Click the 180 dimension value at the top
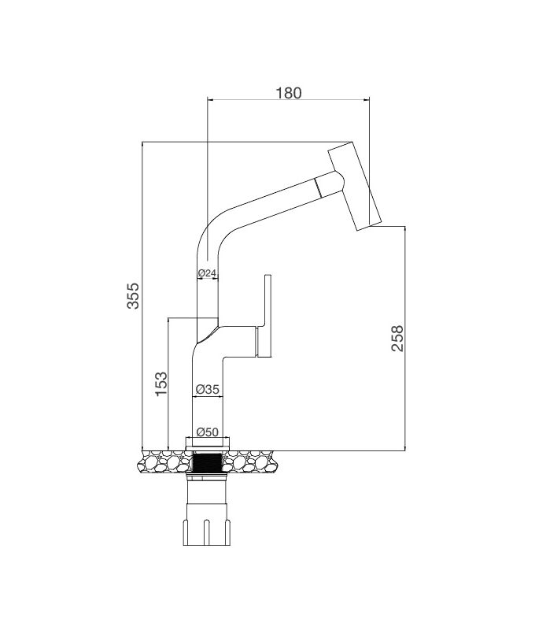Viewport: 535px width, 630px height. (x=289, y=93)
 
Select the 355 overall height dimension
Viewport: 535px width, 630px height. (x=134, y=295)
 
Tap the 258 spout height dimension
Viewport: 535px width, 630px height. (x=397, y=339)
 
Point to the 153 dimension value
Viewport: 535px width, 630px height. (x=160, y=384)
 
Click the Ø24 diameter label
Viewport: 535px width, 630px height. (x=207, y=273)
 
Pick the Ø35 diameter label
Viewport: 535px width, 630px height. (x=206, y=389)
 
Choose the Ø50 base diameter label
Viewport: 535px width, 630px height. (x=208, y=432)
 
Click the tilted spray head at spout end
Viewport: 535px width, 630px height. (x=355, y=187)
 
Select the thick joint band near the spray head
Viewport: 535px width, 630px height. (x=319, y=187)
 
